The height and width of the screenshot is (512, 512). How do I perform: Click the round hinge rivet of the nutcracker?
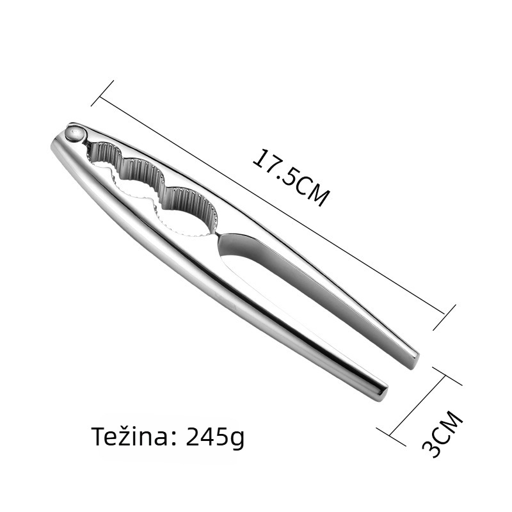click(x=76, y=134)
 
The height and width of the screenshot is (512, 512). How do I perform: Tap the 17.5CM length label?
click(x=291, y=178)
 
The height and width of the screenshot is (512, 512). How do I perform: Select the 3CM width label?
click(x=442, y=435)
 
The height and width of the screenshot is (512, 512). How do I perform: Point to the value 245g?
click(x=215, y=438)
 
